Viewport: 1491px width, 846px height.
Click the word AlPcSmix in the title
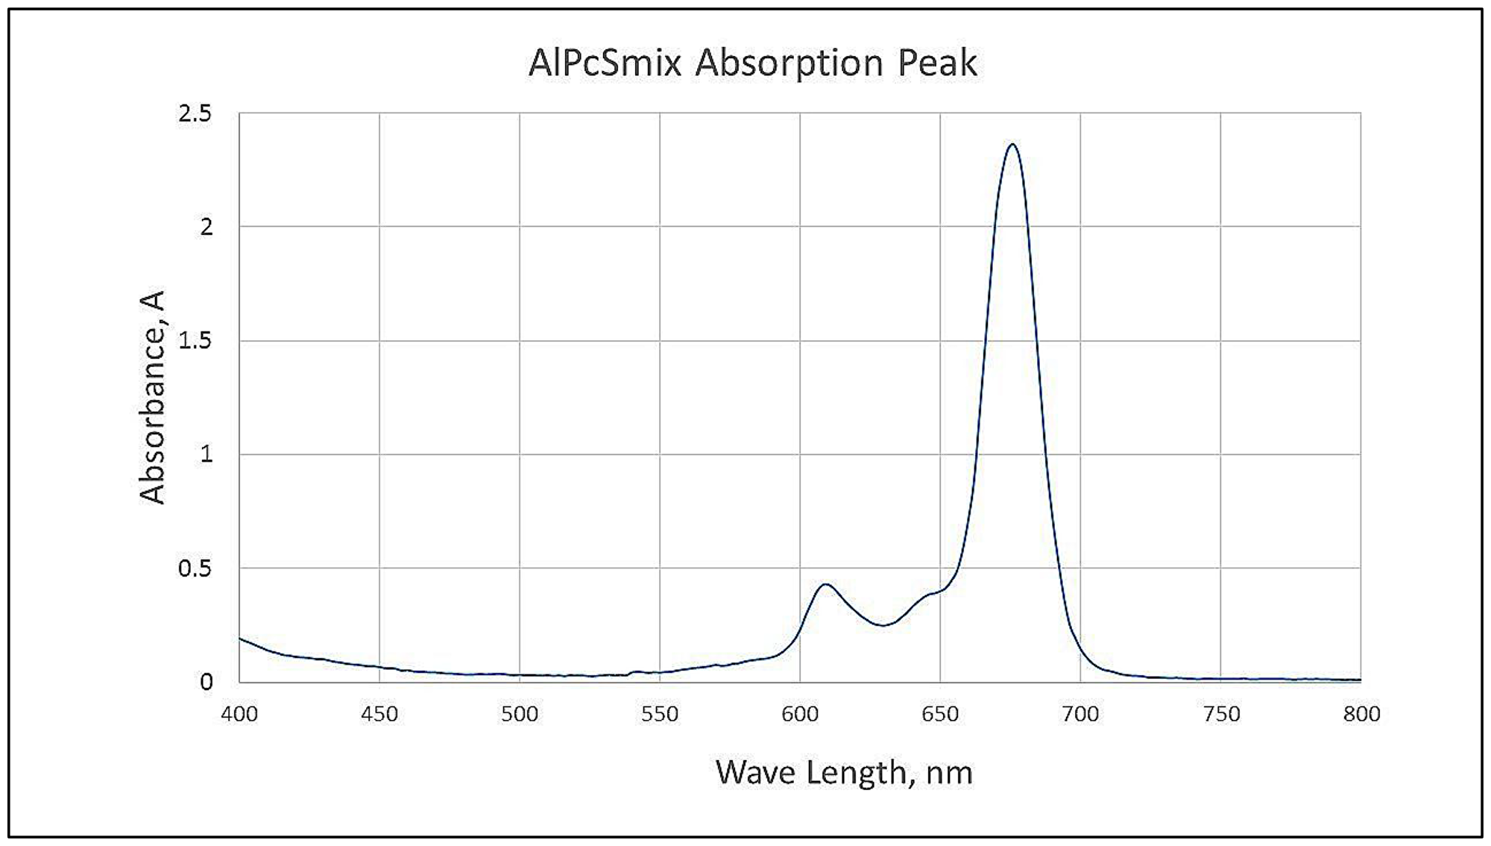[605, 63]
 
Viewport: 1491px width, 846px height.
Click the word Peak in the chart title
[936, 63]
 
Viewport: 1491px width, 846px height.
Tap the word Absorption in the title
[789, 64]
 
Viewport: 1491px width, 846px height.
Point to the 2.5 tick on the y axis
[195, 114]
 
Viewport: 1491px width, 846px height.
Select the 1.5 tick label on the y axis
[195, 341]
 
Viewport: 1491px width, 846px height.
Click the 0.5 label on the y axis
[195, 568]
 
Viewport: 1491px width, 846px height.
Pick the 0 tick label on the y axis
[207, 682]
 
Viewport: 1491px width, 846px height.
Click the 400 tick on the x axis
[239, 714]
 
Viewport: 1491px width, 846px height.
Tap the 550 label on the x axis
[660, 714]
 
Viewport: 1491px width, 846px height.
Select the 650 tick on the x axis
[940, 714]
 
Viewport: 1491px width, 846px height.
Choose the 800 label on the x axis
[1362, 714]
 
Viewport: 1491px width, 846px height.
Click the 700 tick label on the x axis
[1080, 714]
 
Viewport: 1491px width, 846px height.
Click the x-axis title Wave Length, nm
[844, 773]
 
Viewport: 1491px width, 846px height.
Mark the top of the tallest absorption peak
[1012, 145]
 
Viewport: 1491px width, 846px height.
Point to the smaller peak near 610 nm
[825, 584]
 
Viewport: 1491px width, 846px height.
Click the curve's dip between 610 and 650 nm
[883, 625]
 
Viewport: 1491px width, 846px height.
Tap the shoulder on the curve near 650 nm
[931, 594]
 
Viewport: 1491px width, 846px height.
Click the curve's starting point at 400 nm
[240, 639]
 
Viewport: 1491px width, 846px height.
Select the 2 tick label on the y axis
[207, 228]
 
